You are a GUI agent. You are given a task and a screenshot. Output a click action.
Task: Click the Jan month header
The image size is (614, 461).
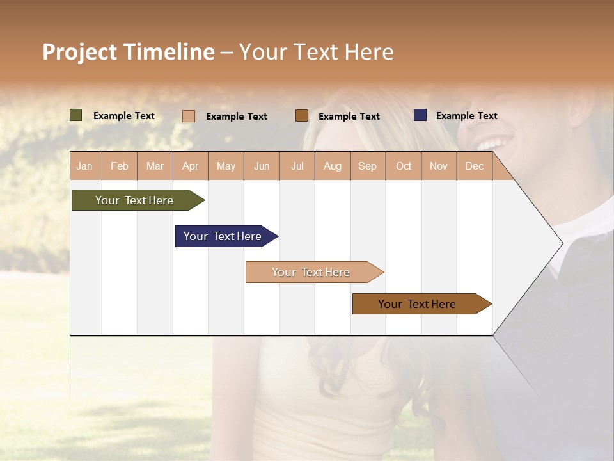pos(84,166)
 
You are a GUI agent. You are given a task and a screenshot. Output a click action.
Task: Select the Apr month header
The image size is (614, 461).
pos(190,166)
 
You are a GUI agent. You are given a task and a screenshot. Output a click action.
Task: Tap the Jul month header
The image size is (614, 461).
pos(297,166)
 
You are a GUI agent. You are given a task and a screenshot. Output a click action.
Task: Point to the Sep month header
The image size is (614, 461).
pos(367,166)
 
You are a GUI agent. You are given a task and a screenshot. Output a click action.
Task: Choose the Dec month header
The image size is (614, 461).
pos(474,166)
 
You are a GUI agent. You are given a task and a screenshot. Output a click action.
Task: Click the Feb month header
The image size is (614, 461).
pos(120,166)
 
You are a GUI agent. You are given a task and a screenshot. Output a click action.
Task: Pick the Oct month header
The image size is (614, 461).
pos(404,166)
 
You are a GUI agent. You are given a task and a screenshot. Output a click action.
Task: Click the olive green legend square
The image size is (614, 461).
pos(76,115)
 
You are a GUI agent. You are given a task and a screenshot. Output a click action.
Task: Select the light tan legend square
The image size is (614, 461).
pos(189,116)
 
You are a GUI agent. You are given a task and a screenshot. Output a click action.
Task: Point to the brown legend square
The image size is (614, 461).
pos(302,116)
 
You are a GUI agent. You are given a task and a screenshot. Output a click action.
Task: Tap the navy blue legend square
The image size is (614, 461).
pos(420,115)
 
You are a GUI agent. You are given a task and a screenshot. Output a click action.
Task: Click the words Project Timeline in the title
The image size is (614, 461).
pos(128,52)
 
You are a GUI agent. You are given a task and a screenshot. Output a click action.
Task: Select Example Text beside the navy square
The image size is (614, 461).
pos(466,116)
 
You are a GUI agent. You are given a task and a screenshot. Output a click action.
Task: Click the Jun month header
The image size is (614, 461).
pos(262,166)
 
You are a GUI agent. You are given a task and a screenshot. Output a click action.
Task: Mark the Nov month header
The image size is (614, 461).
pos(438,166)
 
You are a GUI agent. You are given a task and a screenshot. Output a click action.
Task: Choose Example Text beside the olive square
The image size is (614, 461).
pos(124,116)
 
